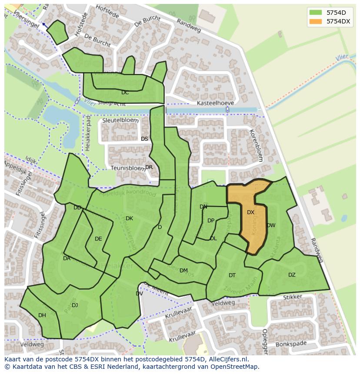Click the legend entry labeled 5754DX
coord(338,21)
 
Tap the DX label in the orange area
coord(250,212)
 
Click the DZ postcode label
coord(292,275)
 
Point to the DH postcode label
coord(42,315)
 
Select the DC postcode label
coord(125,93)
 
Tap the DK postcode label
coord(129,218)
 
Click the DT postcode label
coord(232,275)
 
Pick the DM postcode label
coord(183,271)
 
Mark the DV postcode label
coord(139,294)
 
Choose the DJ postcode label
coord(75,305)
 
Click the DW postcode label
coord(271,225)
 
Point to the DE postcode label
coord(98,239)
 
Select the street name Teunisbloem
coord(127,168)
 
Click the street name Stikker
coord(292,298)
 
